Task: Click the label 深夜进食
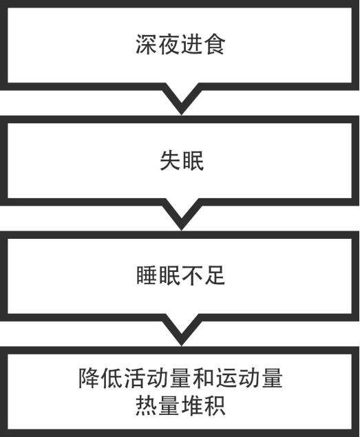(180, 44)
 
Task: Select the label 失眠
(182, 160)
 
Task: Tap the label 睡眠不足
(180, 276)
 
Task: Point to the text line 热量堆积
(180, 406)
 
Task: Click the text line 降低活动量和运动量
(180, 379)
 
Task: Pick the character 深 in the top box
(146, 44)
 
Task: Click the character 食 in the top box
(214, 44)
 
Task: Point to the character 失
(170, 160)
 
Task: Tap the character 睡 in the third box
(147, 276)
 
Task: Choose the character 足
(215, 276)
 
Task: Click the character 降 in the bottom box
(89, 379)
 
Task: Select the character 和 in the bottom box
(203, 379)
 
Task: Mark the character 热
(146, 406)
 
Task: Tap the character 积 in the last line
(215, 406)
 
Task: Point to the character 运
(226, 379)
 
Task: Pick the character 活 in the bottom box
(135, 379)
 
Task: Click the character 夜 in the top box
(169, 44)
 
